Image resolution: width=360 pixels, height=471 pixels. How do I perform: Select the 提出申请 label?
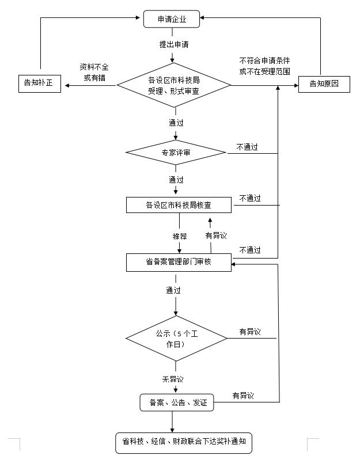[173, 44]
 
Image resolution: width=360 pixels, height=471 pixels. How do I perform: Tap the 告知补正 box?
[39, 83]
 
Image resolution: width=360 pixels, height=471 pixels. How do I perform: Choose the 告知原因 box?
[324, 83]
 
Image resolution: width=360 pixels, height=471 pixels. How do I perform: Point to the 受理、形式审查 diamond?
[174, 85]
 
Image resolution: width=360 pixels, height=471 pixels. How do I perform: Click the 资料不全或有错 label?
[94, 72]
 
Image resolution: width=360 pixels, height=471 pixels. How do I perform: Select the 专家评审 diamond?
[176, 153]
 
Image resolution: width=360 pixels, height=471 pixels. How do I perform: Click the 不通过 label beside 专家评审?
[247, 147]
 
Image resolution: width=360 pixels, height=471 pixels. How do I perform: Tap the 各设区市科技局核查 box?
[179, 204]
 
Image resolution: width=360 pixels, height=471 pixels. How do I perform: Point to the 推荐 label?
[179, 235]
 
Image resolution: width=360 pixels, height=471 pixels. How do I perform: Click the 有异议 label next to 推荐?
[216, 235]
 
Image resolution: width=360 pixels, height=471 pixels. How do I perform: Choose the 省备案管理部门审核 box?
[179, 263]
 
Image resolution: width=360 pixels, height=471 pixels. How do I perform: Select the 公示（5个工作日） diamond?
[176, 339]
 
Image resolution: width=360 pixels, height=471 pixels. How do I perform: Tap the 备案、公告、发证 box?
[177, 402]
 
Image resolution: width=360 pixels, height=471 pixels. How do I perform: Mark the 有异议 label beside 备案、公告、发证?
[243, 396]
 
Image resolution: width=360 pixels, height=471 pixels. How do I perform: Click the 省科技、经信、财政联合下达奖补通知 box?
[184, 443]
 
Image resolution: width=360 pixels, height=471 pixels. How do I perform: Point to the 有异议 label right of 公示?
[250, 332]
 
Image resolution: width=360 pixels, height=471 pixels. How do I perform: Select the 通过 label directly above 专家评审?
[176, 123]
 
